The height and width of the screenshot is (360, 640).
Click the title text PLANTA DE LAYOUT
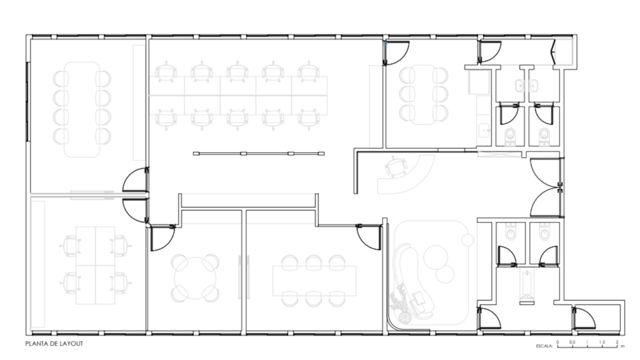tap(54, 344)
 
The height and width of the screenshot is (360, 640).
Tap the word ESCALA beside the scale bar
tap(544, 346)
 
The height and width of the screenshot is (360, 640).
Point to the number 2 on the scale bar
tap(617, 342)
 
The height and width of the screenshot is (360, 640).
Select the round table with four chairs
tap(195, 277)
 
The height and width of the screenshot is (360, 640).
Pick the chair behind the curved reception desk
tap(396, 166)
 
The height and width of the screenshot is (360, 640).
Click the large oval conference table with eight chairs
tap(82, 109)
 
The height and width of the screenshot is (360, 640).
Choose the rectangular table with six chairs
tap(314, 281)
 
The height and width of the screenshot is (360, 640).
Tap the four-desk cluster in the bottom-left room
tap(96, 265)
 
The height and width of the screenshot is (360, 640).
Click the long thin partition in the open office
tap(259, 154)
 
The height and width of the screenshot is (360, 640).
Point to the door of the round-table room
tap(162, 237)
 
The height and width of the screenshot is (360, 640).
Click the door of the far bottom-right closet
tap(584, 319)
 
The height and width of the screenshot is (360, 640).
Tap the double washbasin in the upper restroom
tap(526, 86)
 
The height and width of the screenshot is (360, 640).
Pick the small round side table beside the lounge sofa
tap(467, 239)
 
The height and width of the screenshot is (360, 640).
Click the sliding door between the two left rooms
tap(92, 195)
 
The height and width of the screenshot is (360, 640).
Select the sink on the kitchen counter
tap(485, 131)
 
